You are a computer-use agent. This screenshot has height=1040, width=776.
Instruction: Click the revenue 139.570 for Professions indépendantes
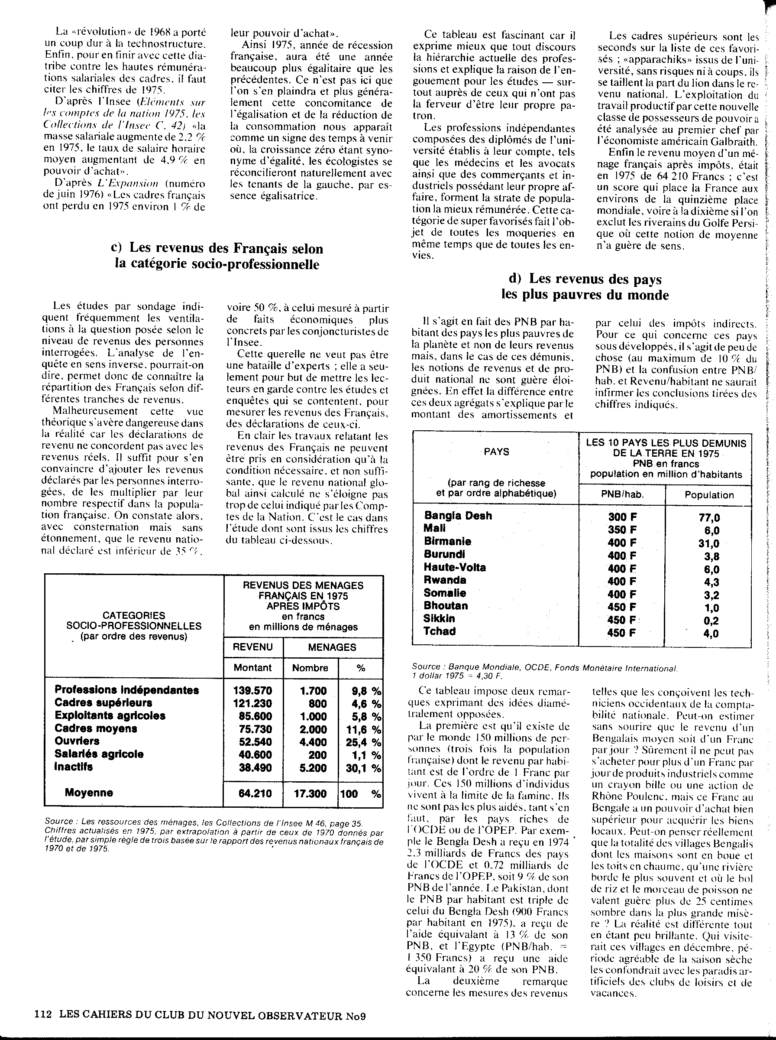pyautogui.click(x=252, y=690)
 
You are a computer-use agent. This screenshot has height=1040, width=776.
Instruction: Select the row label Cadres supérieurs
pyautogui.click(x=103, y=703)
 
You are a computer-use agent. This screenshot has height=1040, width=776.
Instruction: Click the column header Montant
pyautogui.click(x=253, y=667)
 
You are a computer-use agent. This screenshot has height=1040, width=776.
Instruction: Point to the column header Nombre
pyautogui.click(x=310, y=667)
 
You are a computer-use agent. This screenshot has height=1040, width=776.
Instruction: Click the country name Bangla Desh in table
pyautogui.click(x=458, y=516)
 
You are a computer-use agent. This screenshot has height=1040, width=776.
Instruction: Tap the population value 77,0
pyautogui.click(x=709, y=517)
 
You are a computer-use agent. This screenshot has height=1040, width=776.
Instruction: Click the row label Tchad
pyautogui.click(x=440, y=631)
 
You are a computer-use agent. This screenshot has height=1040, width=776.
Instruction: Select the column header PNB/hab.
pyautogui.click(x=622, y=494)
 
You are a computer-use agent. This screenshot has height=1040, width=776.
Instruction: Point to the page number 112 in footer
pyautogui.click(x=43, y=1015)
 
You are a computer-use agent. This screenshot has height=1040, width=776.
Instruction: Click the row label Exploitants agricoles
pyautogui.click(x=110, y=716)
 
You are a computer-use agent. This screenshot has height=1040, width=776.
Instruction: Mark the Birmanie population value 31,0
pyautogui.click(x=709, y=543)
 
